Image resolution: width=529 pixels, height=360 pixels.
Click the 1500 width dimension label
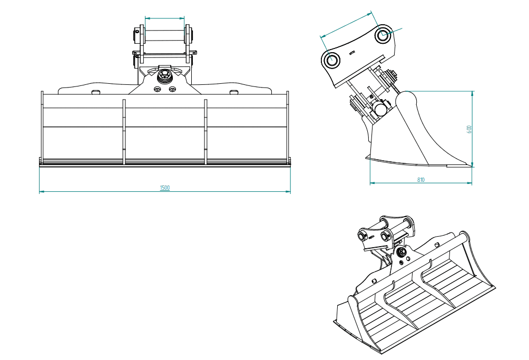[164, 188]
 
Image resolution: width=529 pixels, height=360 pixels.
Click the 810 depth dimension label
[420, 180]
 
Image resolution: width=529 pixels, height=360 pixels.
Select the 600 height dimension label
[469, 129]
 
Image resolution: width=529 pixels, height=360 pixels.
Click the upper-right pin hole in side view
[383, 34]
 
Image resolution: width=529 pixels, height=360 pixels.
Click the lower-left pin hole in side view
[331, 60]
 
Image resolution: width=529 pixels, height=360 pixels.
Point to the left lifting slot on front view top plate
[95, 92]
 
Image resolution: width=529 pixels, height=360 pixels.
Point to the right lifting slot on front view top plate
[233, 92]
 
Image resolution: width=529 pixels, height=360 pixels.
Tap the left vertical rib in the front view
[124, 132]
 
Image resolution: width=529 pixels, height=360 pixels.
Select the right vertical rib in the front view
[205, 132]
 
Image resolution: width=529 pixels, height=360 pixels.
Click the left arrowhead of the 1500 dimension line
[42, 191]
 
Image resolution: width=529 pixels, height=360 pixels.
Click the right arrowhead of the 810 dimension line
[469, 183]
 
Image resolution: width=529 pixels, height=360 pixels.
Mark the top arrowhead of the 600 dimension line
[472, 93]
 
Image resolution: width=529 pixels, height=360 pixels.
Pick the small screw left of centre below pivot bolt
[157, 90]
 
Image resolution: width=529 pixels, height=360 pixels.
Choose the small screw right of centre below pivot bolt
[172, 90]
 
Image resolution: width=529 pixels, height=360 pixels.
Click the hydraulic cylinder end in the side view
[380, 109]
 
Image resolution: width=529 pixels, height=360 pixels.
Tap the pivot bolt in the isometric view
[402, 252]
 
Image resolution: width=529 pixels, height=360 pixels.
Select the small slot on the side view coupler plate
[352, 52]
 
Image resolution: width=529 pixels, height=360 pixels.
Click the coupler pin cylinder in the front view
[164, 36]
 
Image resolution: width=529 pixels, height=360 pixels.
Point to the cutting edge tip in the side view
[471, 166]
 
